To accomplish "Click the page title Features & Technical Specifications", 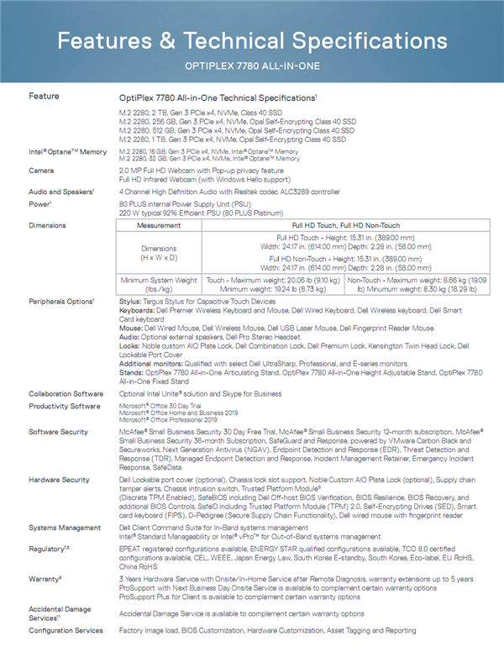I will click(x=251, y=41).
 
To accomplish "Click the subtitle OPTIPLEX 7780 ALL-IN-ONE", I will click(x=251, y=66).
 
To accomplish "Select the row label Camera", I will click(x=42, y=169).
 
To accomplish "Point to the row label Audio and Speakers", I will click(x=61, y=191).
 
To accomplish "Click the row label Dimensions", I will click(x=47, y=225).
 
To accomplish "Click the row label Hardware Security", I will click(x=59, y=479).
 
